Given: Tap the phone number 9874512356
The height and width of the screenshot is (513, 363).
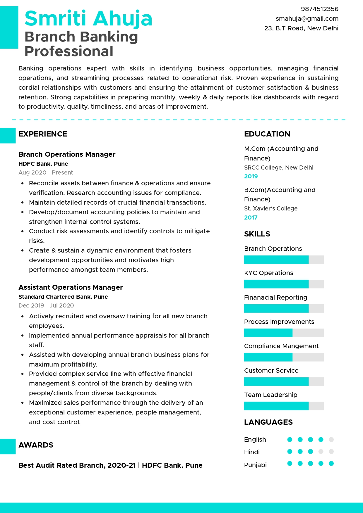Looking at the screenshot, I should [x=319, y=9].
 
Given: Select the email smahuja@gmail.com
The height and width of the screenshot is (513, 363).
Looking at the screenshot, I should [x=307, y=19].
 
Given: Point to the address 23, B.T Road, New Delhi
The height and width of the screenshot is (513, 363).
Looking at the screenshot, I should [x=301, y=28].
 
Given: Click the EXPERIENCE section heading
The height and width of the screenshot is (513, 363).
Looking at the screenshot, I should [x=43, y=134].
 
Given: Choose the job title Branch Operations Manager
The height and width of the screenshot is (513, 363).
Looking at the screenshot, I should [x=67, y=154].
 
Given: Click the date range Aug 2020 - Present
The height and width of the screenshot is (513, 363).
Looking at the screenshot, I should [x=46, y=172].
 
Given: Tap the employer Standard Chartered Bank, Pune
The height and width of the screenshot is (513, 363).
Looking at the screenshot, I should [x=63, y=297].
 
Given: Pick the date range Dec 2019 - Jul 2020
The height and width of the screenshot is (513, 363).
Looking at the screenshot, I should [x=46, y=305].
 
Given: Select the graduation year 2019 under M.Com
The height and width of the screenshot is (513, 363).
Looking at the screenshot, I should [x=251, y=176].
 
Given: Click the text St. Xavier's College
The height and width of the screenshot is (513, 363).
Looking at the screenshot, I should [x=270, y=208].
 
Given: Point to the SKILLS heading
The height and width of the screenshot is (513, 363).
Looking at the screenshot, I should [x=257, y=234].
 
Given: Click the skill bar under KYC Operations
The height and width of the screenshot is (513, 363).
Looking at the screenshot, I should [x=284, y=284].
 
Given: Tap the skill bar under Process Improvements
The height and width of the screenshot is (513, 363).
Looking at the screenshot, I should [x=284, y=333].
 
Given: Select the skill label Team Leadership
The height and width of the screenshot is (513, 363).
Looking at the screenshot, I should [x=270, y=395].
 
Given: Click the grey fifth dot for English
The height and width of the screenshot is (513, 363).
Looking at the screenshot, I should [x=331, y=439].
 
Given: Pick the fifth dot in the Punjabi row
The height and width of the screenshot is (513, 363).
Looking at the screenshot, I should [x=331, y=463].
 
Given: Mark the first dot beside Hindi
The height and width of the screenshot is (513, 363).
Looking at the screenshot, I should [x=290, y=452].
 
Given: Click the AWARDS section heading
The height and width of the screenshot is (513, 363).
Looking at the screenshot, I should [x=36, y=445].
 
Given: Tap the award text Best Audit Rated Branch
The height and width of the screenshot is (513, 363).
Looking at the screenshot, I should [x=62, y=465].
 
